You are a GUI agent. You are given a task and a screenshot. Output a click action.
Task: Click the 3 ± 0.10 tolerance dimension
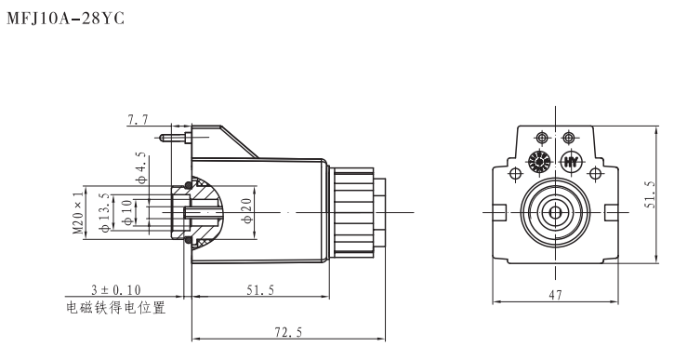tap(117, 292)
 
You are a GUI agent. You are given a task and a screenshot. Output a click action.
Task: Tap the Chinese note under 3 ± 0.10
tap(117, 307)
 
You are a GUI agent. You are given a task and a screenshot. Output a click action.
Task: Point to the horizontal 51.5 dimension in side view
tap(259, 291)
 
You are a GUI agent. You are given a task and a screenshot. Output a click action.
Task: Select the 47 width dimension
tap(556, 294)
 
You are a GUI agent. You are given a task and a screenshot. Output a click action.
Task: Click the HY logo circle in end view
tap(573, 162)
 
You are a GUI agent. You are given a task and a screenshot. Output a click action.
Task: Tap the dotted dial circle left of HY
tap(536, 162)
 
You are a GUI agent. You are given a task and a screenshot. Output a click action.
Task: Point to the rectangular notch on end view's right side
tap(610, 213)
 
